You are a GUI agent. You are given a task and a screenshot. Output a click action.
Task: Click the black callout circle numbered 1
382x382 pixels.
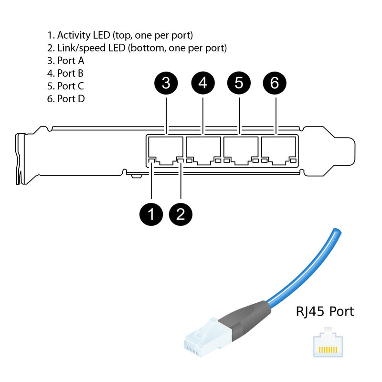coord(151,213)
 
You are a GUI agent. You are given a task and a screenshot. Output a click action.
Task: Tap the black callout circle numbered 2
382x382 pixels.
coord(181,213)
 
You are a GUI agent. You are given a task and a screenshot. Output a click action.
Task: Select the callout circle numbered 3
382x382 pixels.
coord(166,83)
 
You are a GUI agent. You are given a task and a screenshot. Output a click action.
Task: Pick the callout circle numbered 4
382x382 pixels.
coord(203,83)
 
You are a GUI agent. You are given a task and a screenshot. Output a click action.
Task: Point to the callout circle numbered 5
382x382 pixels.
coord(239,83)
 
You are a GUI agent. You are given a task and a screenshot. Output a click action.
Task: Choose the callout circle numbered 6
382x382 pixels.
coord(275,83)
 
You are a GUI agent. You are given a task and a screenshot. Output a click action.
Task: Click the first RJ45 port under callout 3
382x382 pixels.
coord(166,149)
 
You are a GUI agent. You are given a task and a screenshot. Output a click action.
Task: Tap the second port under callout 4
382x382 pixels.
coord(203,149)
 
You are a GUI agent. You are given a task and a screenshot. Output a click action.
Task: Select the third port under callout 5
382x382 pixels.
coord(240,149)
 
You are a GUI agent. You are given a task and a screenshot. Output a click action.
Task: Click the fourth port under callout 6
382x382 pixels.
coord(277,149)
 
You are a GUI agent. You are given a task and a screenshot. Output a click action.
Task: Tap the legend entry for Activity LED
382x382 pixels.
coord(120,35)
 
